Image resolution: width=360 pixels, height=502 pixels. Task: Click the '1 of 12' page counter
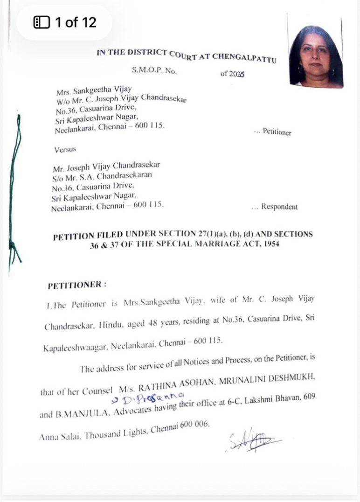65,22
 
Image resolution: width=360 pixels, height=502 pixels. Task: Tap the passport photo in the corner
316,56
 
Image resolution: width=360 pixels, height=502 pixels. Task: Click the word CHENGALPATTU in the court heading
244,57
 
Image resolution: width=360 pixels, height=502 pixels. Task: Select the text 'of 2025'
232,74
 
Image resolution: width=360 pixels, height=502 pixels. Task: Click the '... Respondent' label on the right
274,207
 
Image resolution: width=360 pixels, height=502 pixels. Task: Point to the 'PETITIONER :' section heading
77,284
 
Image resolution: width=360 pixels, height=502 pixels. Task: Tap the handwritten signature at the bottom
254,440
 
